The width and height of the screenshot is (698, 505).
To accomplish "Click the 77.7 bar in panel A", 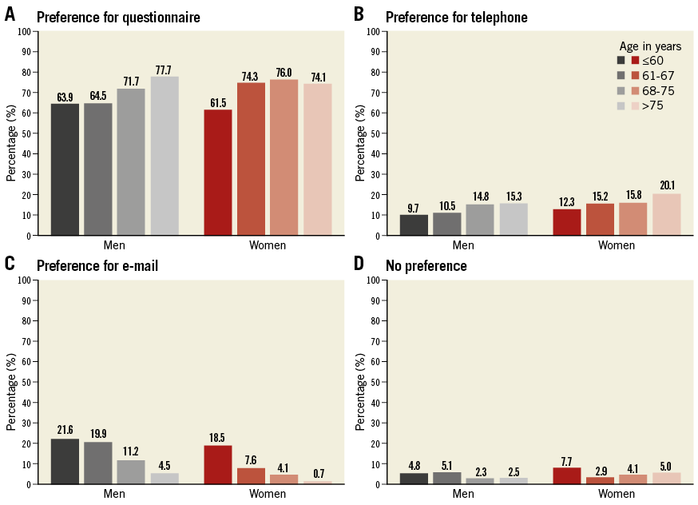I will coord(165,156).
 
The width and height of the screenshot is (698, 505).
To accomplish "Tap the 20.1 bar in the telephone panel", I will coord(666,214).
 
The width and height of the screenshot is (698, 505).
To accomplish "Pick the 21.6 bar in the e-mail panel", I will coord(65,461).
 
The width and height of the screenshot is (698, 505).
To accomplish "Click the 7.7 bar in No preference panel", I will coord(567,475).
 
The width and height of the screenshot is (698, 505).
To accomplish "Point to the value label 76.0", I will coord(284,73).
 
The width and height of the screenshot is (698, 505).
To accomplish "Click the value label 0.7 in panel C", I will coord(317,474).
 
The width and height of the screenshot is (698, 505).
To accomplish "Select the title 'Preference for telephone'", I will coord(456,17).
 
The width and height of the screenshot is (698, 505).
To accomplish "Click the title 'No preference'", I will coord(426,265).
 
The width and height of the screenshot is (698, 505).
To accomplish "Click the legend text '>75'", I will coord(652,105).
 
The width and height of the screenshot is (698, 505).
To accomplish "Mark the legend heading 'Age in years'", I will coord(650,46).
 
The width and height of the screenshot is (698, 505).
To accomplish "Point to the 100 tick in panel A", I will coord(26,32).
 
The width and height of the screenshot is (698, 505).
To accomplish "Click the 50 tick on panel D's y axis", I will coord(375,382).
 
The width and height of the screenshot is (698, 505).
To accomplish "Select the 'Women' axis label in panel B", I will coord(616,245).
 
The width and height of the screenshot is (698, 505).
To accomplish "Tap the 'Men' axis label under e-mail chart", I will coord(114,494).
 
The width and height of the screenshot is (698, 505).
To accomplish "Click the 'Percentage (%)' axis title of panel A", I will coord(10,134).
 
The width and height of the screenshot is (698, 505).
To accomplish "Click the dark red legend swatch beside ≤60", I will coord(635,60).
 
